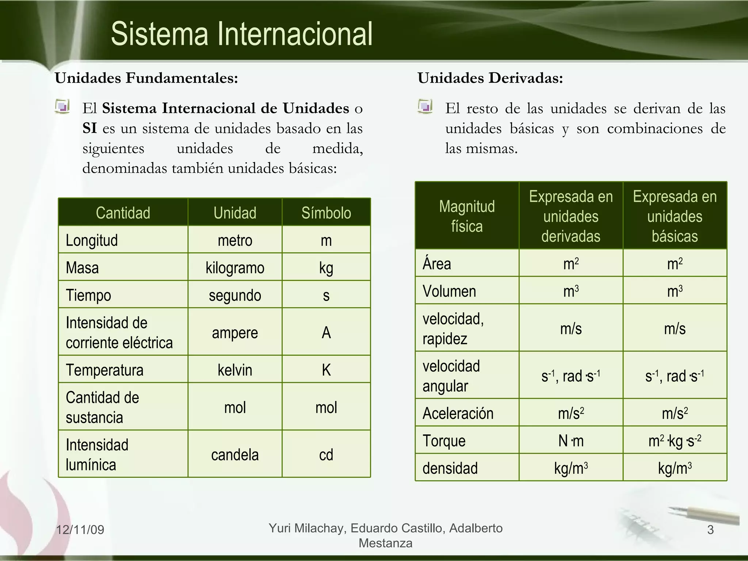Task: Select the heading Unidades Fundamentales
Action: pyautogui.click(x=146, y=78)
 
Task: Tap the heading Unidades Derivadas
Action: pyautogui.click(x=490, y=78)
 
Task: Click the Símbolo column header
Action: pyautogui.click(x=326, y=213)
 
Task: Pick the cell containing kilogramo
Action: pyautogui.click(x=235, y=268)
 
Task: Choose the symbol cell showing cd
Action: pyautogui.click(x=326, y=455)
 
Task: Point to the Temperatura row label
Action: pyautogui.click(x=104, y=370)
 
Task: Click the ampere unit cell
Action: pyautogui.click(x=235, y=332)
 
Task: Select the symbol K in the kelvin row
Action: pyautogui.click(x=326, y=370)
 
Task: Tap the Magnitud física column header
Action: pyautogui.click(x=467, y=216)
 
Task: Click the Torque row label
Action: pyautogui.click(x=444, y=441)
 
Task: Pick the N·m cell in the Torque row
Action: pyautogui.click(x=571, y=441)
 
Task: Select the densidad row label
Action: pyautogui.click(x=450, y=468)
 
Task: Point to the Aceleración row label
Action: pyautogui.click(x=458, y=413)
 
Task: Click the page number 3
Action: pyautogui.click(x=710, y=530)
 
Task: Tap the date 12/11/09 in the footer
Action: pyautogui.click(x=80, y=530)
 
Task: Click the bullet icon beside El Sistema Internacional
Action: pyautogui.click(x=62, y=107)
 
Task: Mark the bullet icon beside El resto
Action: pyautogui.click(x=425, y=107)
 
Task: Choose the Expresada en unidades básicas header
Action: pyautogui.click(x=675, y=216)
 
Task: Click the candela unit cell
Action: pyautogui.click(x=235, y=455)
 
